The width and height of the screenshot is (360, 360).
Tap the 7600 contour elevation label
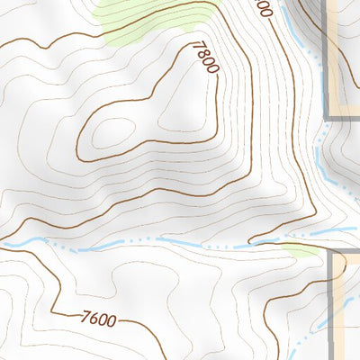98,318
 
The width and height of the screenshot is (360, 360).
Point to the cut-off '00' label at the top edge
262,8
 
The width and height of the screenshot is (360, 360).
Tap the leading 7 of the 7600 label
85,315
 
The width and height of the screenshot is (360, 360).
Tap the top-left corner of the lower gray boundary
332,254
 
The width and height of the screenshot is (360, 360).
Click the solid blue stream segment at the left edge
18,241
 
